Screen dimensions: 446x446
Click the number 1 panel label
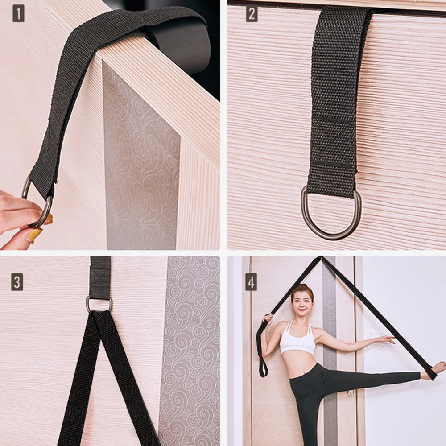[x=18, y=14]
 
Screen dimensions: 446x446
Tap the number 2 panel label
[x=252, y=14]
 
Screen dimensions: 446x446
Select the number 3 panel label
[x=17, y=282]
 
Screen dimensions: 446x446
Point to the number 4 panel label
[x=251, y=282]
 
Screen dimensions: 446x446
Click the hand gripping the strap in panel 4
[x=268, y=318]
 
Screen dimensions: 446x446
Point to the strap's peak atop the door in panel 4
[x=321, y=259]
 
